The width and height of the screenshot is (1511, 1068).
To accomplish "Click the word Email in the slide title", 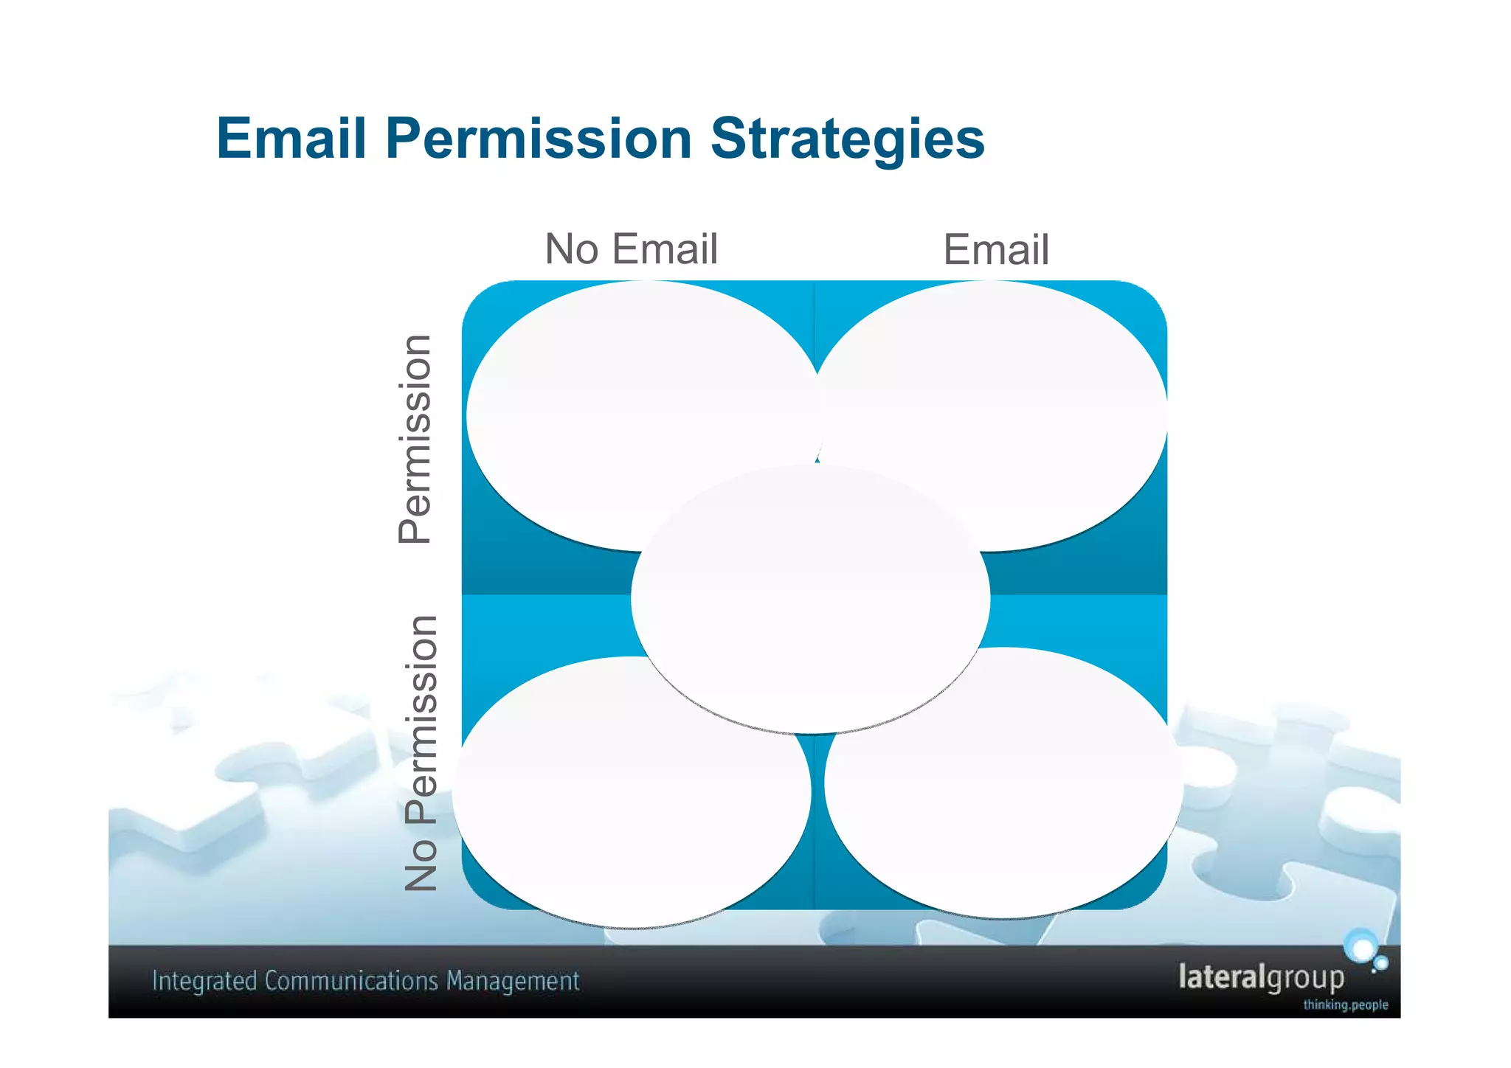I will pos(291,139).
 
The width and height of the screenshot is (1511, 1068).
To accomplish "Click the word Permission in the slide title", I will pos(538,139).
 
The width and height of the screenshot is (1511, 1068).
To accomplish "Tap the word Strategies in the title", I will pos(847,140).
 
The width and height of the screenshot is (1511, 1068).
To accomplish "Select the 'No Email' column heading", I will pos(631,249).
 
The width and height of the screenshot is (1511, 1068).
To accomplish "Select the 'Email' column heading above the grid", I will pos(995,250).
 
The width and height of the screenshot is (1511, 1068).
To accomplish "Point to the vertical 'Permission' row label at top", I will pos(415,439).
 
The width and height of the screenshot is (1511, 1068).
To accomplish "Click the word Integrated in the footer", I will pos(204,982).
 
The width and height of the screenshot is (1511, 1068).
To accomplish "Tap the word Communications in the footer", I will pos(352,982).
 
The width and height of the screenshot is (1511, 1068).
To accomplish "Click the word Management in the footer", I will pos(513,982).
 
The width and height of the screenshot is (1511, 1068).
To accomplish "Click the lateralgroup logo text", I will pos(1261,977).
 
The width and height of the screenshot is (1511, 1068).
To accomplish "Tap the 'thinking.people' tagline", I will pos(1345,1005).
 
